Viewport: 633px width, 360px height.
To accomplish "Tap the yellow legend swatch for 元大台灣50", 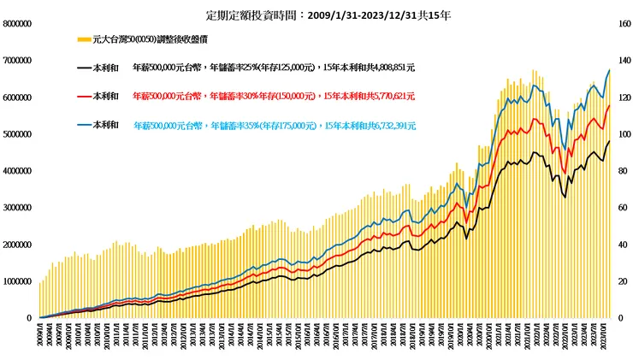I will click(84, 39).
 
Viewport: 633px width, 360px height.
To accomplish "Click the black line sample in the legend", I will click(84, 68).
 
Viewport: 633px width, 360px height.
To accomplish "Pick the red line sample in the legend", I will click(84, 97).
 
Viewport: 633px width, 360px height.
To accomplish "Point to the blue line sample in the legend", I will click(84, 126).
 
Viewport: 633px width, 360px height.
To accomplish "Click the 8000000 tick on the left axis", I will click(19, 24).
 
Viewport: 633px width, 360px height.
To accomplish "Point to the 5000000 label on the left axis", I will click(19, 134).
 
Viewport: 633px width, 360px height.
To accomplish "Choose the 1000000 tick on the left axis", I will click(19, 281).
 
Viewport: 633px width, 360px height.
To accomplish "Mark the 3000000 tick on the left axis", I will click(19, 208).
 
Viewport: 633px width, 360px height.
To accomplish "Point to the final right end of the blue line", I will click(609, 70).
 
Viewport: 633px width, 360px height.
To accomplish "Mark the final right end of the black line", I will click(609, 141).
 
